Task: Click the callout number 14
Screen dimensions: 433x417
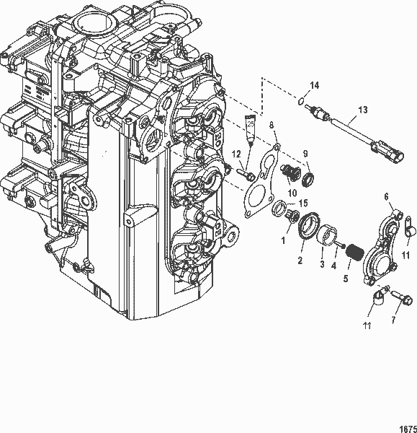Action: tap(313, 86)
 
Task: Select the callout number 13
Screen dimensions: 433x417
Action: tap(362, 110)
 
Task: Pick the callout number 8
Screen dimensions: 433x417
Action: tap(272, 125)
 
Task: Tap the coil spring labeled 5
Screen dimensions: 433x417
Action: tap(354, 253)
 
